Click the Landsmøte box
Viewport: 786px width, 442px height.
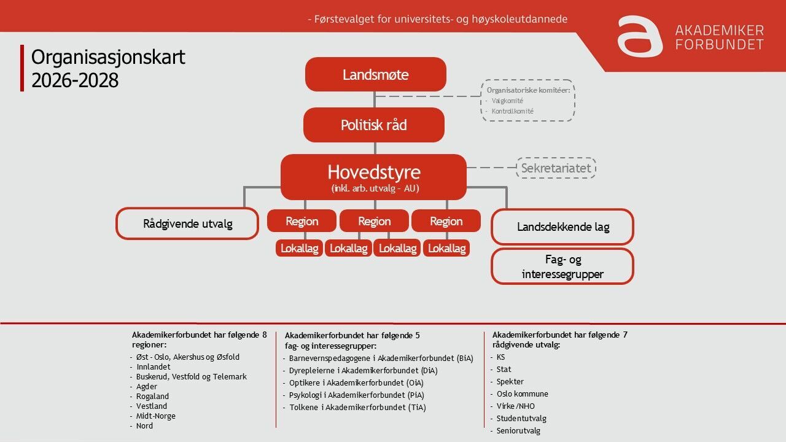(375, 75)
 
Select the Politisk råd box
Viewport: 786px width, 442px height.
(373, 125)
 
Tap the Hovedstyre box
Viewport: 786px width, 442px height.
(373, 177)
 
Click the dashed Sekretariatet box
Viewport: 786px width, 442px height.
(556, 168)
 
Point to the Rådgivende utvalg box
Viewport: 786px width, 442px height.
(187, 224)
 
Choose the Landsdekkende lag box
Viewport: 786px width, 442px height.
(562, 227)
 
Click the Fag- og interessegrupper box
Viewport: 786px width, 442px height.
(562, 266)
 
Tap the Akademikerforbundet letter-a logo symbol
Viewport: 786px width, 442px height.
(639, 36)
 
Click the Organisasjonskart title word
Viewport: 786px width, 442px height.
(108, 57)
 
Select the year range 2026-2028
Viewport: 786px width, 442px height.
(75, 80)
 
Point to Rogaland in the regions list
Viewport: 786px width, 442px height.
(152, 397)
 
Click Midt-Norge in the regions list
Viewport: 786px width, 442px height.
(155, 416)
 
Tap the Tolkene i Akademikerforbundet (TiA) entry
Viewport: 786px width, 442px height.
(357, 408)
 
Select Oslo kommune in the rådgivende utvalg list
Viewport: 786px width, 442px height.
(522, 394)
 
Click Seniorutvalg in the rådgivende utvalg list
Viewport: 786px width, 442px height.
(518, 431)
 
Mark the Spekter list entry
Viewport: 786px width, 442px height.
(510, 382)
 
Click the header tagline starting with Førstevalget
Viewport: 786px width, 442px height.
(437, 19)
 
